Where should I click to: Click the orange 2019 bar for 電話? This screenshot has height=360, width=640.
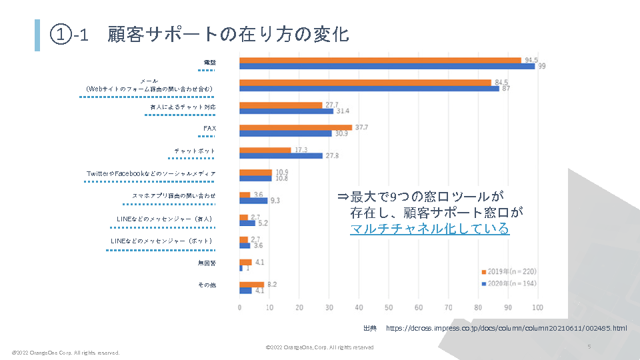point(380,60)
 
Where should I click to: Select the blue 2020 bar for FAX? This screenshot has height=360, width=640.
point(285,134)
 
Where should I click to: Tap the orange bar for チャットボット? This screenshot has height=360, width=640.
point(265,150)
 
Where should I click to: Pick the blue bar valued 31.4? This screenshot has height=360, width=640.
point(287,111)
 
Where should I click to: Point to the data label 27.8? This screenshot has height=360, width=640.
point(331,156)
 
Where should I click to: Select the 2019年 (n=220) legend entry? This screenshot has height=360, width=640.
point(509,271)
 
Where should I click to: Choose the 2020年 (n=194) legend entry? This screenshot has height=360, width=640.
point(509,284)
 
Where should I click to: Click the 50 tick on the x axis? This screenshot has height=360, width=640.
point(389,307)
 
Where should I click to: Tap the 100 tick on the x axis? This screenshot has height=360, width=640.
point(538,307)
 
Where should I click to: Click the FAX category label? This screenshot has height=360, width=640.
point(210,128)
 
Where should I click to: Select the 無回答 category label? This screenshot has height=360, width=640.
point(207,263)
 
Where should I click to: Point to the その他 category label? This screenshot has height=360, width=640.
point(207,285)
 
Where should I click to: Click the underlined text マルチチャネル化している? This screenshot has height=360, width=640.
point(430,229)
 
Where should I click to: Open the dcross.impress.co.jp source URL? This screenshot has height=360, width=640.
point(506,328)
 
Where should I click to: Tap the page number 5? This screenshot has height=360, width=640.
point(589,347)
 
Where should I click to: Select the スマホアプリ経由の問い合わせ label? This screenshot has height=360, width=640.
point(174,196)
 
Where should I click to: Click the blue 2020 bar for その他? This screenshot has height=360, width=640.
point(246,291)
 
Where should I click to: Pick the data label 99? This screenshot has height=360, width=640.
point(543,66)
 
